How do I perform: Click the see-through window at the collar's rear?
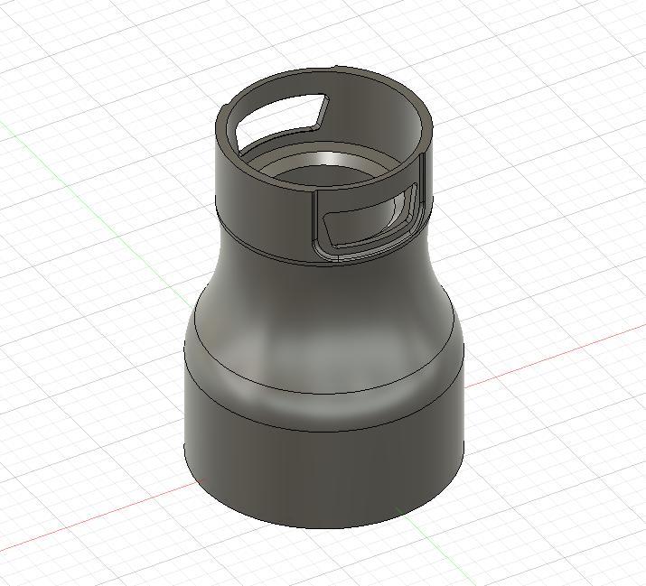tap(276, 116)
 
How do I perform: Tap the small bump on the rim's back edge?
tap(336, 68)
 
